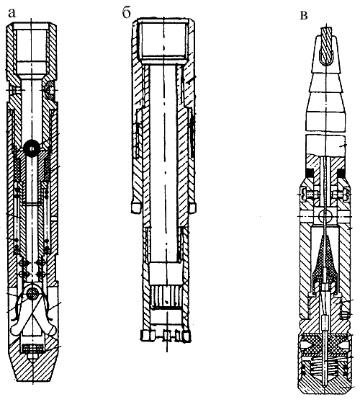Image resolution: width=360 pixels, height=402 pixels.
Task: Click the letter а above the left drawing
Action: tap(12, 14)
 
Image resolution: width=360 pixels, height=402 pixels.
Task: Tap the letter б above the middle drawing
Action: tap(126, 14)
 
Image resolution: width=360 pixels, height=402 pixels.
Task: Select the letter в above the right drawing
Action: tap(304, 16)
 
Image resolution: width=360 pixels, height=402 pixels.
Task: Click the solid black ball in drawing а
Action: tap(32, 148)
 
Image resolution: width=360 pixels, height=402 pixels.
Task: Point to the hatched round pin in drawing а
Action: tap(33, 292)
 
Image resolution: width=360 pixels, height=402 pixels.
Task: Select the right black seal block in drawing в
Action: tap(341, 173)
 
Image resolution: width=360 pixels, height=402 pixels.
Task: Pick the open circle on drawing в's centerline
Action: tap(325, 217)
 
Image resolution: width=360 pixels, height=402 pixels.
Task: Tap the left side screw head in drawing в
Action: tap(305, 195)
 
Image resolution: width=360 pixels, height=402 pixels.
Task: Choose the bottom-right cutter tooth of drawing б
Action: tap(186, 336)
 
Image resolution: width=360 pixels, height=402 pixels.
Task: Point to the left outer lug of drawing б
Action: tap(136, 207)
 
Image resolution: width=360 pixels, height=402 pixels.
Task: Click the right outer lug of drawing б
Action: tap(193, 208)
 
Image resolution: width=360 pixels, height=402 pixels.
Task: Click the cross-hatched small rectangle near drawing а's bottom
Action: tap(33, 348)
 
